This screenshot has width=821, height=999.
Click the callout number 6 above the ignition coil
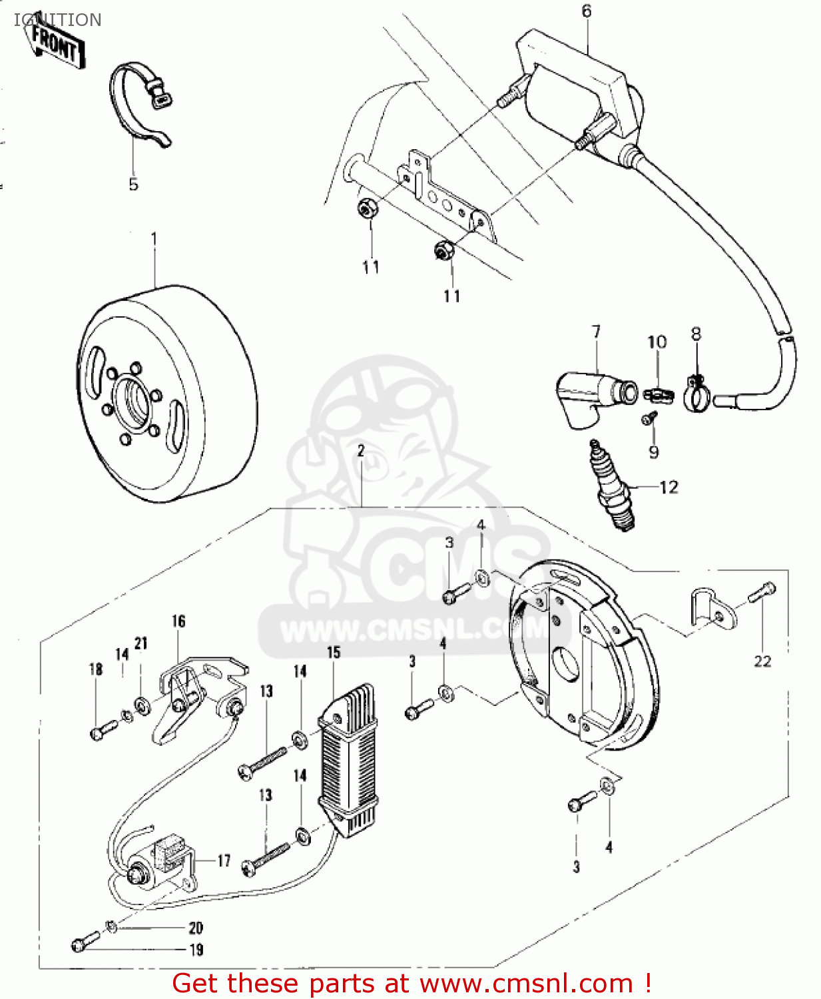pos(586,11)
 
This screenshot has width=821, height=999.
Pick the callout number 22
pos(762,661)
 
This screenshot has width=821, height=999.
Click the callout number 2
pos(361,451)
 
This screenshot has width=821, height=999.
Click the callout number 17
pos(224,860)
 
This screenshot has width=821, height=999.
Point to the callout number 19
pos(196,950)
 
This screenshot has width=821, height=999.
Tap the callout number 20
pos(196,928)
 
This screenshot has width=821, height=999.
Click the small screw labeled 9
pos(649,418)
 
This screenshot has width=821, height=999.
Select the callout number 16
pos(178,621)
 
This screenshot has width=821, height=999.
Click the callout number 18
pos(96,669)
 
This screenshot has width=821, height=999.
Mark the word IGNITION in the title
pos(58,20)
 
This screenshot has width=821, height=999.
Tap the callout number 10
pos(657,342)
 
